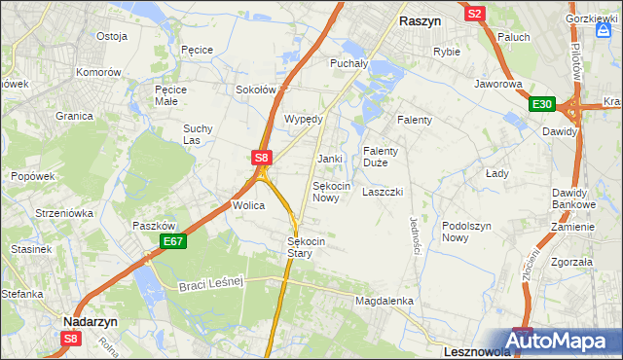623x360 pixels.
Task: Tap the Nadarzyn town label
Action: click(90, 319)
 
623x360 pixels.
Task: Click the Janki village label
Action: click(330, 158)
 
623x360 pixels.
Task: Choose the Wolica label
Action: click(248, 206)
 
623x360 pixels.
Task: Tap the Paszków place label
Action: click(153, 226)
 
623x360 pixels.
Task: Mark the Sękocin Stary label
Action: click(305, 247)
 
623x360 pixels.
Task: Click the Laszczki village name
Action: click(383, 192)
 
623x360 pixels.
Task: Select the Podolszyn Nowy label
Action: click(468, 232)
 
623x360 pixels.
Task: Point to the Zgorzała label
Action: click(571, 262)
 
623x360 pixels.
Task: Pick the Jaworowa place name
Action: click(498, 84)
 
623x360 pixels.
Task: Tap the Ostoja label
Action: click(112, 36)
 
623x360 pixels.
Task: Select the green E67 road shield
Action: click(173, 241)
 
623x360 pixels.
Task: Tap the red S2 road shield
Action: click(475, 14)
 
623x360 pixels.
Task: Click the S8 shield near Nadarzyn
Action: click(70, 339)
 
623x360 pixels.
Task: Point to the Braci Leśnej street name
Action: click(210, 284)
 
